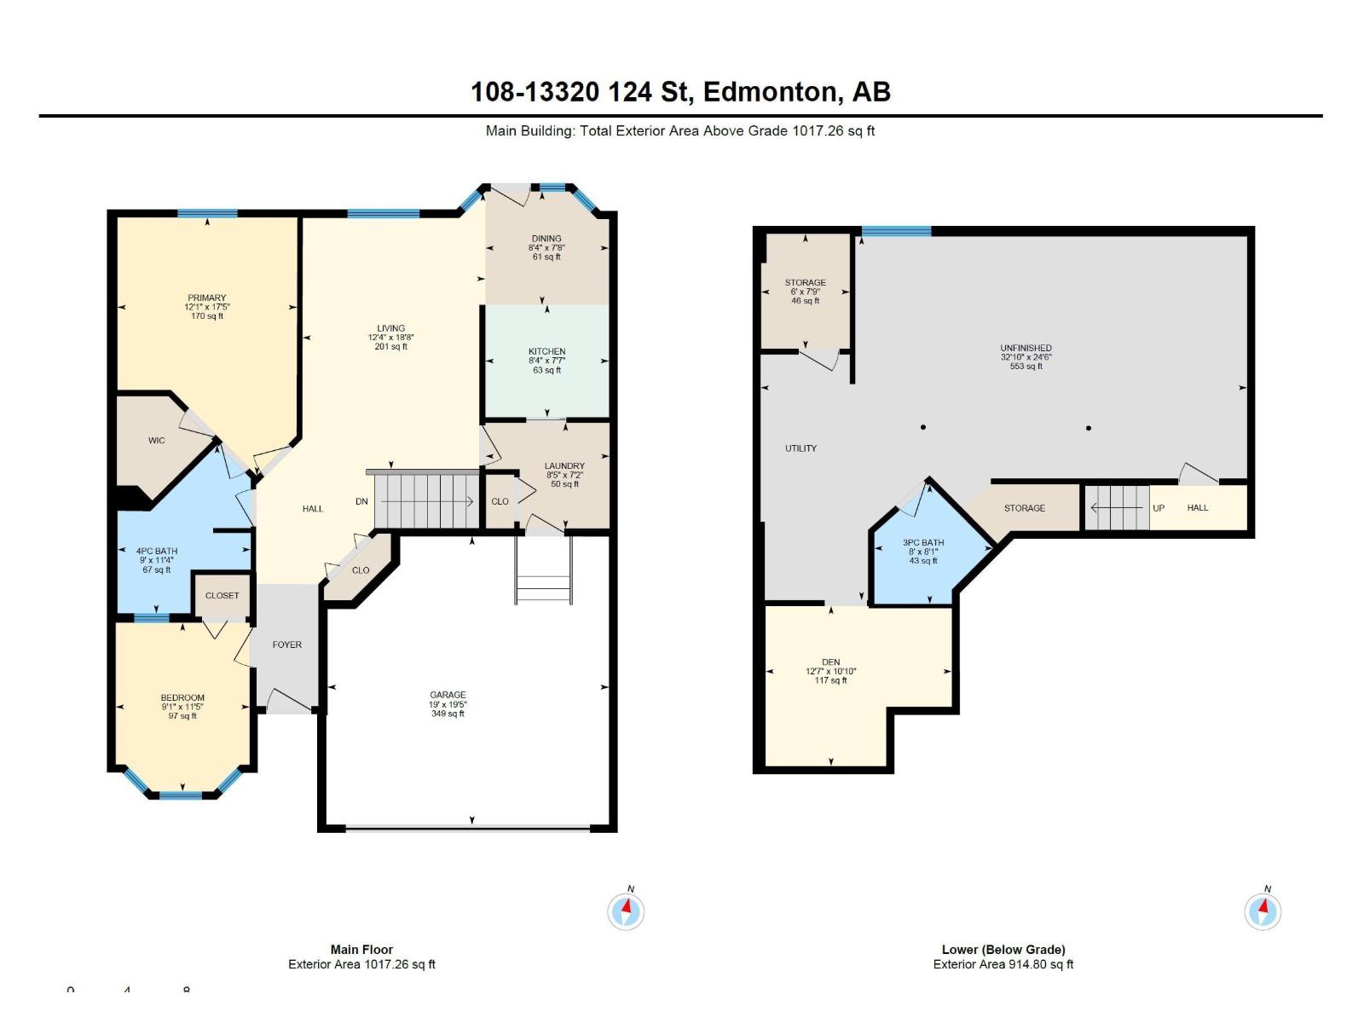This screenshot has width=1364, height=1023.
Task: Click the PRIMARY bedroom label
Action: click(207, 298)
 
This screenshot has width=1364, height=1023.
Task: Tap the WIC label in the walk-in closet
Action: click(157, 441)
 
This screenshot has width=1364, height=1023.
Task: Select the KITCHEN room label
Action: click(546, 351)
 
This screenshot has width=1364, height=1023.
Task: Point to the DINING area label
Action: click(546, 239)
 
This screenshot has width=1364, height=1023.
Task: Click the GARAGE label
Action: click(448, 696)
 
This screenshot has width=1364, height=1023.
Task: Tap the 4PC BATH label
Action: click(157, 552)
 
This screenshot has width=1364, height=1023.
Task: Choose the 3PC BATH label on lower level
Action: click(923, 543)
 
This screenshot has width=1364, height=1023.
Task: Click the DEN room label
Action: click(831, 662)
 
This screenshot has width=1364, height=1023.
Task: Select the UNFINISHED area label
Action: click(1026, 348)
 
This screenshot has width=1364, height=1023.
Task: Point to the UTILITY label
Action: click(800, 448)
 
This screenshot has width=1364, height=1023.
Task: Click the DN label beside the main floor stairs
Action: click(361, 501)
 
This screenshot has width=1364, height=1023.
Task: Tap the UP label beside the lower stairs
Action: click(1159, 508)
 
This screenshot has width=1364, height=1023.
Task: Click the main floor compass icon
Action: click(626, 911)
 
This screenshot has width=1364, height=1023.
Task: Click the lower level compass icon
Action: click(1263, 911)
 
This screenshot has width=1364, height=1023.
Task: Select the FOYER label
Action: click(287, 645)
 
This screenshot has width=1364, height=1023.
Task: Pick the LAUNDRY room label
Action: click(564, 466)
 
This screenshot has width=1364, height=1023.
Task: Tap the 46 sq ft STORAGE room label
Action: click(806, 283)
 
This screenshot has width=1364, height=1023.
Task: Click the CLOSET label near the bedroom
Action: click(223, 596)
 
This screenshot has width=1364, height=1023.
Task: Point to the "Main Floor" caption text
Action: click(361, 950)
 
